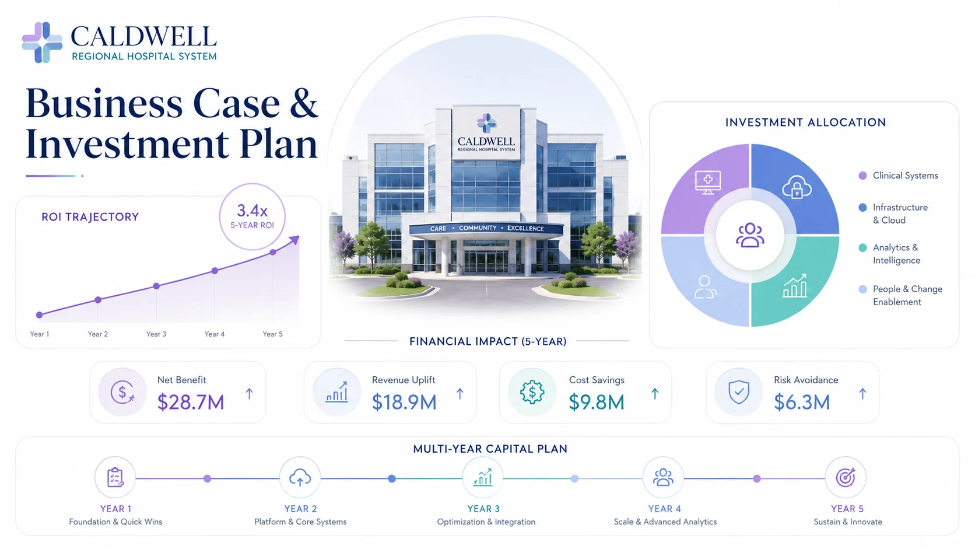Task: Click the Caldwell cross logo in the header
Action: pos(42,43)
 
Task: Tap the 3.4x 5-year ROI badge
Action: pos(252,216)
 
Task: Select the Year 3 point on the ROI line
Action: pos(156,286)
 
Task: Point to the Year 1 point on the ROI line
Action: pos(40,315)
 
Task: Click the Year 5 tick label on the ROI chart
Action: pos(272,334)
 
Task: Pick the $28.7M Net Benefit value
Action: pos(191,402)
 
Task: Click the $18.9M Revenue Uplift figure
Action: pos(404,402)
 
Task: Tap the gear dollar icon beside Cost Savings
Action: pos(532,392)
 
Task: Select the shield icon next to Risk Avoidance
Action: pos(739,392)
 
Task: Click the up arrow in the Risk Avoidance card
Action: pos(862,394)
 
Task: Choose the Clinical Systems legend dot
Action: pos(862,176)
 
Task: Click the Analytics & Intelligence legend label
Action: pos(897,254)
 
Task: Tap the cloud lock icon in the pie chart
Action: pos(797,187)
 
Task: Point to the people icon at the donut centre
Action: pos(749,235)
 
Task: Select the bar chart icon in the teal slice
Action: pos(795,286)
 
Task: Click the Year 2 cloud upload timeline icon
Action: pos(300,478)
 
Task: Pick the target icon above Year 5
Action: pos(846,478)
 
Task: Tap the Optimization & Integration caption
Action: pos(486,522)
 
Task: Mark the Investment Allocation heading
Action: pos(806,123)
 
